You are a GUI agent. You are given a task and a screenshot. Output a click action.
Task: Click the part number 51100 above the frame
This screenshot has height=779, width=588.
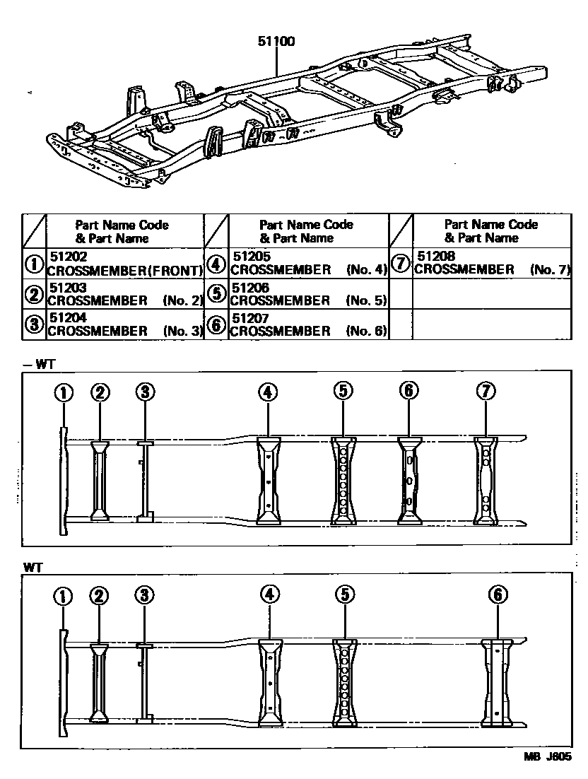pyautogui.click(x=276, y=42)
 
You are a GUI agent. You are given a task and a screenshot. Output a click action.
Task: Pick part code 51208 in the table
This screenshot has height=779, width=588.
pyautogui.click(x=435, y=257)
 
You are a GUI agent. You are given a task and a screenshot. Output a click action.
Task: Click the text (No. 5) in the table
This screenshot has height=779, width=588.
pyautogui.click(x=367, y=300)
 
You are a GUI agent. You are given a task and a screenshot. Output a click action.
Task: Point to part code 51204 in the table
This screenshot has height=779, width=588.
pyautogui.click(x=66, y=319)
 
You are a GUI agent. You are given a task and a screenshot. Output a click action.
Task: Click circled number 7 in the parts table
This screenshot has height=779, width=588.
pyautogui.click(x=401, y=264)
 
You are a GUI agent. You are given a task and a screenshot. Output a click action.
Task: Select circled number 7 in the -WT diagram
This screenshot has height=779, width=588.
pyautogui.click(x=486, y=392)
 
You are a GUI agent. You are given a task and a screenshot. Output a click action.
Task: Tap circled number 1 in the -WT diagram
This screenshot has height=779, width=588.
pyautogui.click(x=64, y=392)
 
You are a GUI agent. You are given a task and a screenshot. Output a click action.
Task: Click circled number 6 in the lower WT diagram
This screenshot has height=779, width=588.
pyautogui.click(x=498, y=595)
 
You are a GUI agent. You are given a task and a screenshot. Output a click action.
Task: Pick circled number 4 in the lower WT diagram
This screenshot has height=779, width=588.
pyautogui.click(x=269, y=595)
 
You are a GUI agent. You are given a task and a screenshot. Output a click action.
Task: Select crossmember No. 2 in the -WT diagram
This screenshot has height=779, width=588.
pyautogui.click(x=100, y=481)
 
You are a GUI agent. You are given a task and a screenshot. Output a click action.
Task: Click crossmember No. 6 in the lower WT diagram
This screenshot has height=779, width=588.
pyautogui.click(x=498, y=682)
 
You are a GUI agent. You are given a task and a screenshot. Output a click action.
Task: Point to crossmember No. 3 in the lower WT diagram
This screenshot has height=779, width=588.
pyautogui.click(x=144, y=682)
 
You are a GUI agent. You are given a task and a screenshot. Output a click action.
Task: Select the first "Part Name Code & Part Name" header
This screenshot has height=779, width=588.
pyautogui.click(x=122, y=231)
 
